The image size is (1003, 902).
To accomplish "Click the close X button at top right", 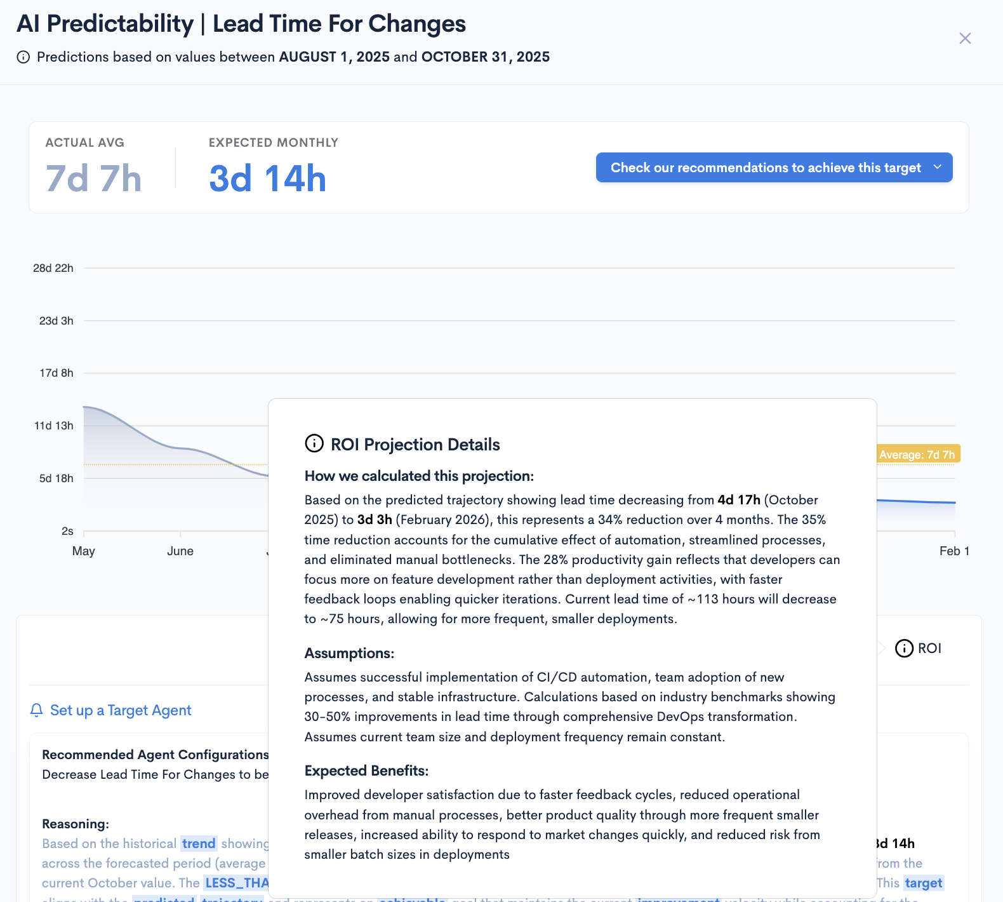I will [965, 39].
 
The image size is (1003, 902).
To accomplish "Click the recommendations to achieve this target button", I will [774, 168].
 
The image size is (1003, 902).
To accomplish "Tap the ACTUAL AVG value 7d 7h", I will [93, 178].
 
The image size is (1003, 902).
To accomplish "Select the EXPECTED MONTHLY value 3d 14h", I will [267, 178].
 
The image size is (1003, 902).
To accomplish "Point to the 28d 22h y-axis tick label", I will [53, 268].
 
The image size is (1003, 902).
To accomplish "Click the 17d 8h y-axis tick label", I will [56, 373].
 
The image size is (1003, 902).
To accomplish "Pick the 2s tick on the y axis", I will [67, 531].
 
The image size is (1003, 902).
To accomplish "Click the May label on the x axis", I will [84, 551].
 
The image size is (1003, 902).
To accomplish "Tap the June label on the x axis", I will [180, 551].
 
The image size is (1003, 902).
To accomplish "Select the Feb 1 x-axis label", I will [953, 551].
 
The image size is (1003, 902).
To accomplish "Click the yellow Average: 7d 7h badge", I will [917, 454].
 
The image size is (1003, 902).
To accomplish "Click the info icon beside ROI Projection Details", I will [314, 443].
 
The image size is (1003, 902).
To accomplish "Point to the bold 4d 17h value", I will [739, 500].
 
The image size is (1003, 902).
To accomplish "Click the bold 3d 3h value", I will [375, 520].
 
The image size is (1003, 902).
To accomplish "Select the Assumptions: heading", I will [349, 653].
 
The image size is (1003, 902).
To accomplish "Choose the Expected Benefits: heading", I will [366, 771].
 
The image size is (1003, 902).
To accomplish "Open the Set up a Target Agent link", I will [121, 710].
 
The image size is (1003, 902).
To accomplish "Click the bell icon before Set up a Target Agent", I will [37, 710].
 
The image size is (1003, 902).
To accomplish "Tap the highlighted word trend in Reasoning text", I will [199, 844].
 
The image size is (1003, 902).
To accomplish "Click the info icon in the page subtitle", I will [23, 57].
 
